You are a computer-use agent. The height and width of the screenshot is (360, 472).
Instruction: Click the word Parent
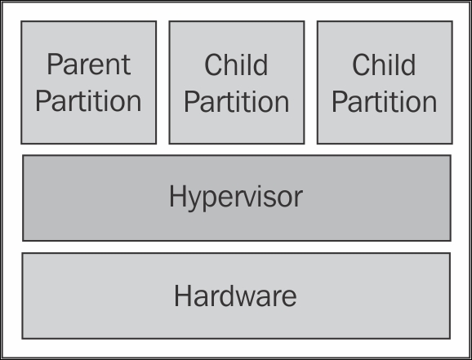89,64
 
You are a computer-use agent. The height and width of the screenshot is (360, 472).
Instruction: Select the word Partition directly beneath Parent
88,101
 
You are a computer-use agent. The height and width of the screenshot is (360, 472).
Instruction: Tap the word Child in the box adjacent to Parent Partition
236,64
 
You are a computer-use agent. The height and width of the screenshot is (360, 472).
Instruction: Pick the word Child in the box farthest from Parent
384,64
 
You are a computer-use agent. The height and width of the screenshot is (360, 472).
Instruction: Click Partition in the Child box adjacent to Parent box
237,102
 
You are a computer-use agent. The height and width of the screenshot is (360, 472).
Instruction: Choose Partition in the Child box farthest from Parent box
385,102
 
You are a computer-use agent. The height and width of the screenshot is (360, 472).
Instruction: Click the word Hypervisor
236,198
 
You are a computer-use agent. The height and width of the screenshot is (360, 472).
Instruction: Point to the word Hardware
235,296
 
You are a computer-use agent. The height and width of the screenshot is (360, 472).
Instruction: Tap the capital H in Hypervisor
176,196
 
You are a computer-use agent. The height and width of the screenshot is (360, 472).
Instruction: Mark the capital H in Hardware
181,296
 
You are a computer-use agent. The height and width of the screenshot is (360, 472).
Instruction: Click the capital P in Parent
54,64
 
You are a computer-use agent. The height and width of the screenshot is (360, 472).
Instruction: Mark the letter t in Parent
127,66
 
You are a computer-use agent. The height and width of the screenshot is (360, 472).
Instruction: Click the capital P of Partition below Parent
42,101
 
